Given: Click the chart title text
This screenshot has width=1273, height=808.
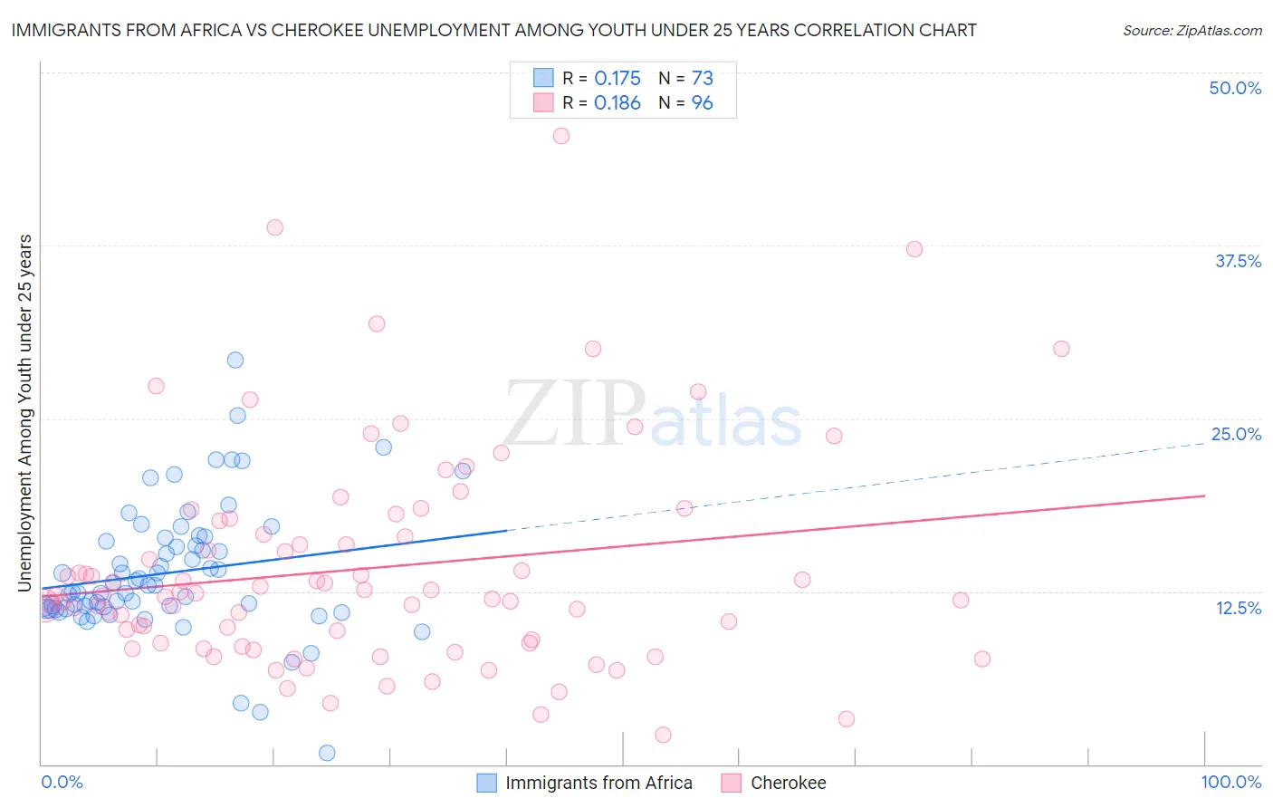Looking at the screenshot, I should (x=493, y=30).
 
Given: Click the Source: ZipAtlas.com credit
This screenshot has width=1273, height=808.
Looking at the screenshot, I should (x=1192, y=30).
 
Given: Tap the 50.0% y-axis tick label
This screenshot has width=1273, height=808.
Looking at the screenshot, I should (x=1235, y=88).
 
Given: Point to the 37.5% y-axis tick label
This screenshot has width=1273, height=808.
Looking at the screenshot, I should (x=1238, y=261).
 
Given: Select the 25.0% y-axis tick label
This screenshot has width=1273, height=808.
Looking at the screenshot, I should (x=1236, y=434).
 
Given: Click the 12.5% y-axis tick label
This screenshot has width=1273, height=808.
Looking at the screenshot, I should (x=1238, y=608).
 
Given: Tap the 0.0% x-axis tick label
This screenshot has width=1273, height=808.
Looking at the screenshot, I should (x=62, y=782).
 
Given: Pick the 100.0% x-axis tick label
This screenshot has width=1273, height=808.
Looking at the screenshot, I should (x=1230, y=782).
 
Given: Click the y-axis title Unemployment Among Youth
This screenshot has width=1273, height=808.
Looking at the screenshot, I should (x=25, y=413).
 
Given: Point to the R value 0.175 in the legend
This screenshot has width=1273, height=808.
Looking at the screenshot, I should (x=617, y=78).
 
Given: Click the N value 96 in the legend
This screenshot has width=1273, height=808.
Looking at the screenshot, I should (x=702, y=102).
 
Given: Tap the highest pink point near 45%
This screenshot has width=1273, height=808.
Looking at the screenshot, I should (x=561, y=136).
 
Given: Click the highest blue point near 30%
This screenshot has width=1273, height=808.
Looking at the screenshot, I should (x=235, y=360).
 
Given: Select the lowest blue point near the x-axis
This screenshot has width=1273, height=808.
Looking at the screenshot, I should (x=327, y=753).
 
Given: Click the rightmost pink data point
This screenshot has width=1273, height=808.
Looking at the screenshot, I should (x=1061, y=349).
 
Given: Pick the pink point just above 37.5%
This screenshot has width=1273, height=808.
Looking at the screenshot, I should (x=914, y=249).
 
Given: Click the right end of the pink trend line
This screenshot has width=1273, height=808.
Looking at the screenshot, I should (x=1204, y=495).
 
